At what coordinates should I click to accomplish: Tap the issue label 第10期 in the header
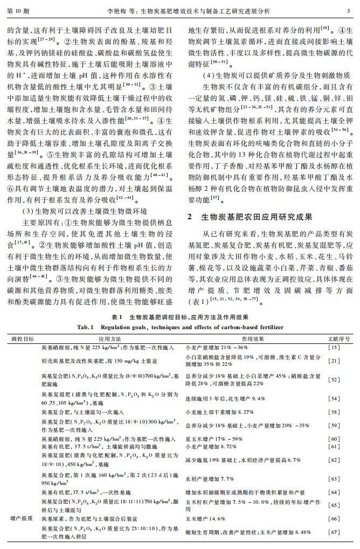[x=19, y=10]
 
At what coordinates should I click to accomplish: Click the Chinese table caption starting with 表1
[x=179, y=318]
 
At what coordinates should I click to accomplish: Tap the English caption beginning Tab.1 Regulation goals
[x=179, y=326]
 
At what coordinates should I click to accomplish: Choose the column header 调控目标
[x=23, y=339]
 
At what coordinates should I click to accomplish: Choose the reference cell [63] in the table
[x=334, y=478]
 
